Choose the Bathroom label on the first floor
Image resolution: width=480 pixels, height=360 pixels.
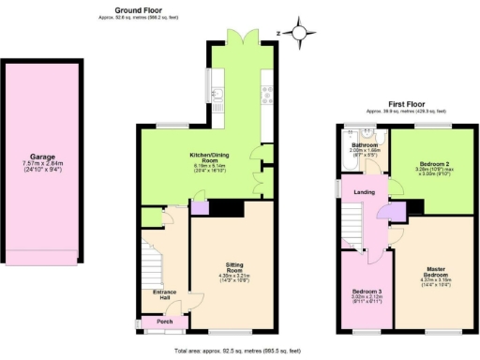click(364, 145)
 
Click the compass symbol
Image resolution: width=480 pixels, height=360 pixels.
click(301, 35)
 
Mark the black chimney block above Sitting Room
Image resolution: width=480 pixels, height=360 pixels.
click(221, 208)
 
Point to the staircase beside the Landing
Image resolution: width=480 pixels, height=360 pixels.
click(349, 231)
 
